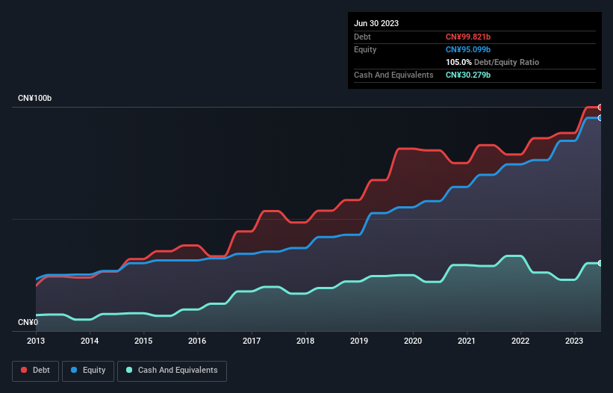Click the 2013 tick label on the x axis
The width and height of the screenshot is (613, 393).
36,341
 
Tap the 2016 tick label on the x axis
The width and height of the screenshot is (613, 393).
198,341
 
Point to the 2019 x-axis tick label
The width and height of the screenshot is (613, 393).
359,341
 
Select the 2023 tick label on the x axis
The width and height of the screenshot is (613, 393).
575,341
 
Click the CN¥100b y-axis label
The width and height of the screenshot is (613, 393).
35,99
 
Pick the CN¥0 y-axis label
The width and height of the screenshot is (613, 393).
28,322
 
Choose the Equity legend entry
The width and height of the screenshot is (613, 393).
88,370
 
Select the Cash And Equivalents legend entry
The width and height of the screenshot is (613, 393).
172,370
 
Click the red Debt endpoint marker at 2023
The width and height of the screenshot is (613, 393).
600,108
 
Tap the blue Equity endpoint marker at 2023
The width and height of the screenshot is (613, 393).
600,118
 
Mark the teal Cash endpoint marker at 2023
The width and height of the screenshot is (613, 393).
600,263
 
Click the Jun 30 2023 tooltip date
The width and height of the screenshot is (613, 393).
376,23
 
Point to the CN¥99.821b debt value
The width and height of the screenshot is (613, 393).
468,37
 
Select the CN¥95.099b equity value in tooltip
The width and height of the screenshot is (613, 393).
468,49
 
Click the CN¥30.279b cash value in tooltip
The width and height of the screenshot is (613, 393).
468,75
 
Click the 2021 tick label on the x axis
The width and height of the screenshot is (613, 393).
467,341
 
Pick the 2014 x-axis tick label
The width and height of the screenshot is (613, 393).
90,341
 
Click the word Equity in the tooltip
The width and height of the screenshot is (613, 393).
365,49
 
